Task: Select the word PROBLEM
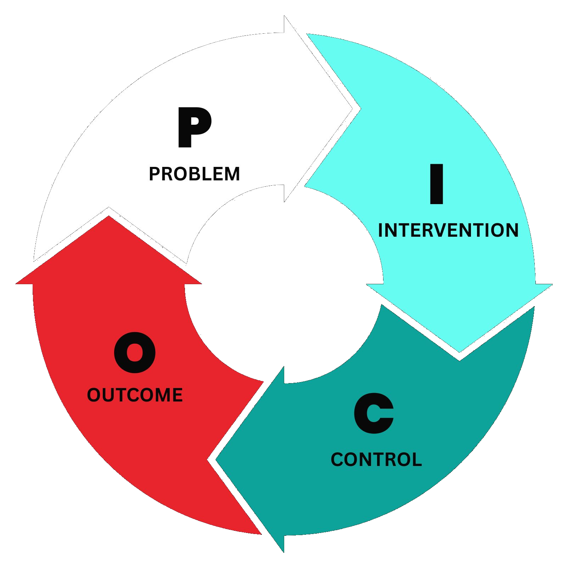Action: point(194,174)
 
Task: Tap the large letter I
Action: point(436,184)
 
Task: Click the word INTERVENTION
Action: point(448,230)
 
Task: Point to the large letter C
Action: point(374,414)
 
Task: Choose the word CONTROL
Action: point(376,460)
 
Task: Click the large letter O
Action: point(135,353)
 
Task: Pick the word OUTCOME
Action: point(135,395)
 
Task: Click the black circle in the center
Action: point(283,283)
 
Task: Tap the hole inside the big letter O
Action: point(135,353)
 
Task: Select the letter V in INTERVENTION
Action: point(447,230)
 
